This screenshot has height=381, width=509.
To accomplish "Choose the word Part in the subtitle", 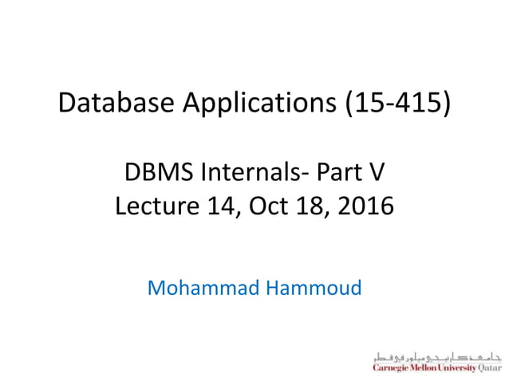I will coord(336,171).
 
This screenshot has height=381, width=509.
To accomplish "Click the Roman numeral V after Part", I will coord(376,171).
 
